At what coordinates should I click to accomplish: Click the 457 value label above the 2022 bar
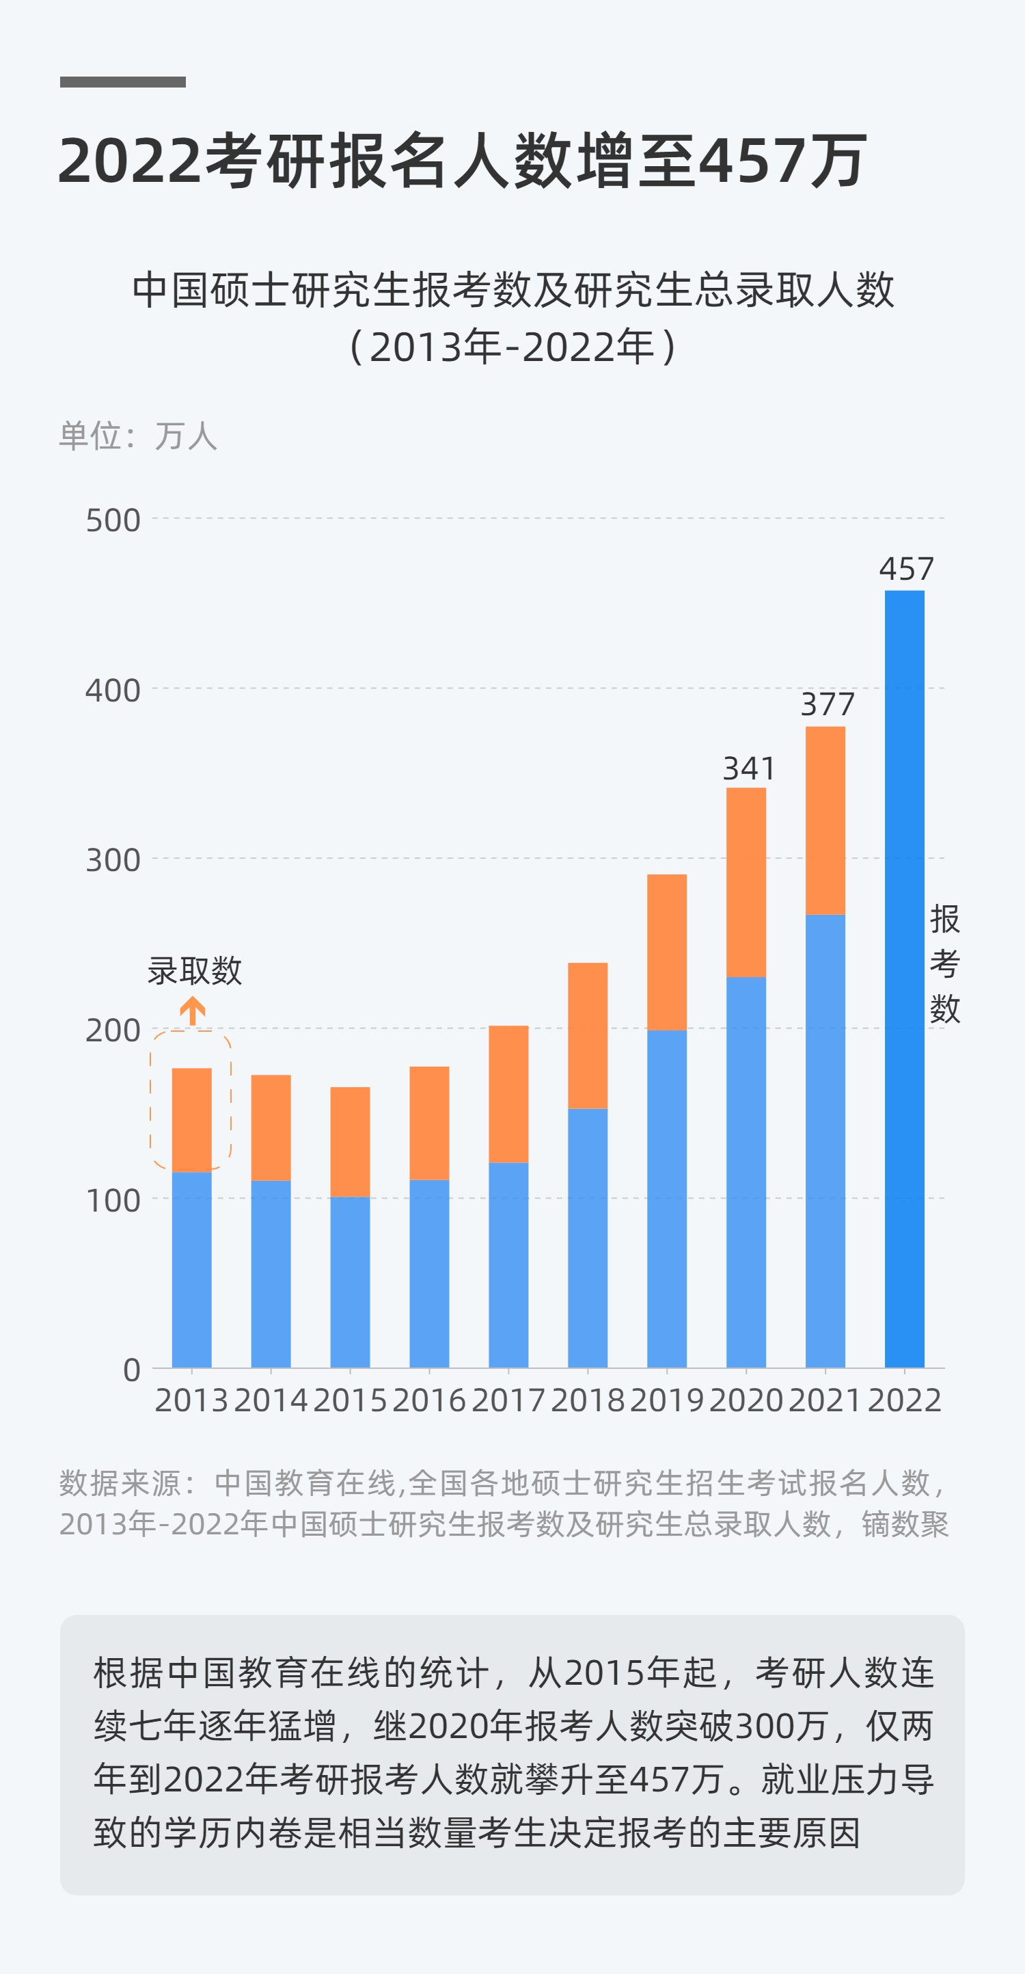906,570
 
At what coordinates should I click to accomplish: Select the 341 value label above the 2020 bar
748,769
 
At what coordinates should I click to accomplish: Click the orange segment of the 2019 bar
666,952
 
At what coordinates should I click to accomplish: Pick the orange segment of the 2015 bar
350,1142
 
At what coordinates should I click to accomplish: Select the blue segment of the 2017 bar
508,1264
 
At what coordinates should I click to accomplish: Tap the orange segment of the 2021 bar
825,820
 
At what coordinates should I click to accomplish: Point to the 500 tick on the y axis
113,521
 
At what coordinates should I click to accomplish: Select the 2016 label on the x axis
429,1401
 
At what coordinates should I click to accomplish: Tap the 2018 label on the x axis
588,1401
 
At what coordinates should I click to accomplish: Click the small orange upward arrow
192,1011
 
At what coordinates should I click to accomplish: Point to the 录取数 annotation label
195,971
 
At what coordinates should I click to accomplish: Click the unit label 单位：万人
139,436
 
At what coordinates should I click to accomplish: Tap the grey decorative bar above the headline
122,82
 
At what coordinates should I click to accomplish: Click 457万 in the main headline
783,161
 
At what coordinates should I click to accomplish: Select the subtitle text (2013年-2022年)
512,347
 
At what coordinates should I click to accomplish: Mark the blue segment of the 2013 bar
191,1269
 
